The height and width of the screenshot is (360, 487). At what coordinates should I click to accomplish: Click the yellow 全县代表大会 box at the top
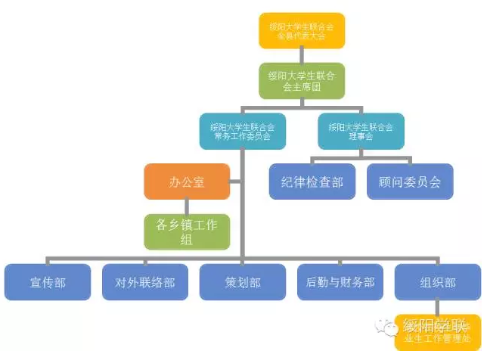(301, 31)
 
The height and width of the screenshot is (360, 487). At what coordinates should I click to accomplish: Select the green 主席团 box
(301, 81)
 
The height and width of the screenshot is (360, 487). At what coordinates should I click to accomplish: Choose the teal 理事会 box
(361, 132)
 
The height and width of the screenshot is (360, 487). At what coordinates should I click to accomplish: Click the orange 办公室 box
(187, 182)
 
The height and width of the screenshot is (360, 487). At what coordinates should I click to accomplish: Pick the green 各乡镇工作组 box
(187, 231)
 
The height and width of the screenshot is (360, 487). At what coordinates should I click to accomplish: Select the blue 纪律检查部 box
(312, 182)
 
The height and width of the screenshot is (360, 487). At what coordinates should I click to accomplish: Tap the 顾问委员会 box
(410, 182)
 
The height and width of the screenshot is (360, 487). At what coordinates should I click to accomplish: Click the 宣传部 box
(48, 282)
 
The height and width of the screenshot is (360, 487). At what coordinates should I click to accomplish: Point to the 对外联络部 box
(145, 282)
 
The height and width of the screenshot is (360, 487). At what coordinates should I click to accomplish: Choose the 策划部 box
(242, 282)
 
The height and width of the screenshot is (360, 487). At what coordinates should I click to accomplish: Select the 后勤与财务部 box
(340, 282)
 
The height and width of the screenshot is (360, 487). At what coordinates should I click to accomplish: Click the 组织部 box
(438, 282)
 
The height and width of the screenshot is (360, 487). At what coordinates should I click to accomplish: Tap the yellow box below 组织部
(438, 332)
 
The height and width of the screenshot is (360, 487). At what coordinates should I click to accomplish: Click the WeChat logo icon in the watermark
(390, 327)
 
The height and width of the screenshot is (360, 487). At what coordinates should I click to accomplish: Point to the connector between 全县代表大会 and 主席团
(301, 56)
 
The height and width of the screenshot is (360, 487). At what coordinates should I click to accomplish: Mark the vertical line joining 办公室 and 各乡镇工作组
(187, 206)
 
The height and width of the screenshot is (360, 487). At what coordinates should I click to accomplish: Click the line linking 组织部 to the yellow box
(438, 307)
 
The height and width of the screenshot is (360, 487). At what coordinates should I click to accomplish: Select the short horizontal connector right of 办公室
(235, 182)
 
